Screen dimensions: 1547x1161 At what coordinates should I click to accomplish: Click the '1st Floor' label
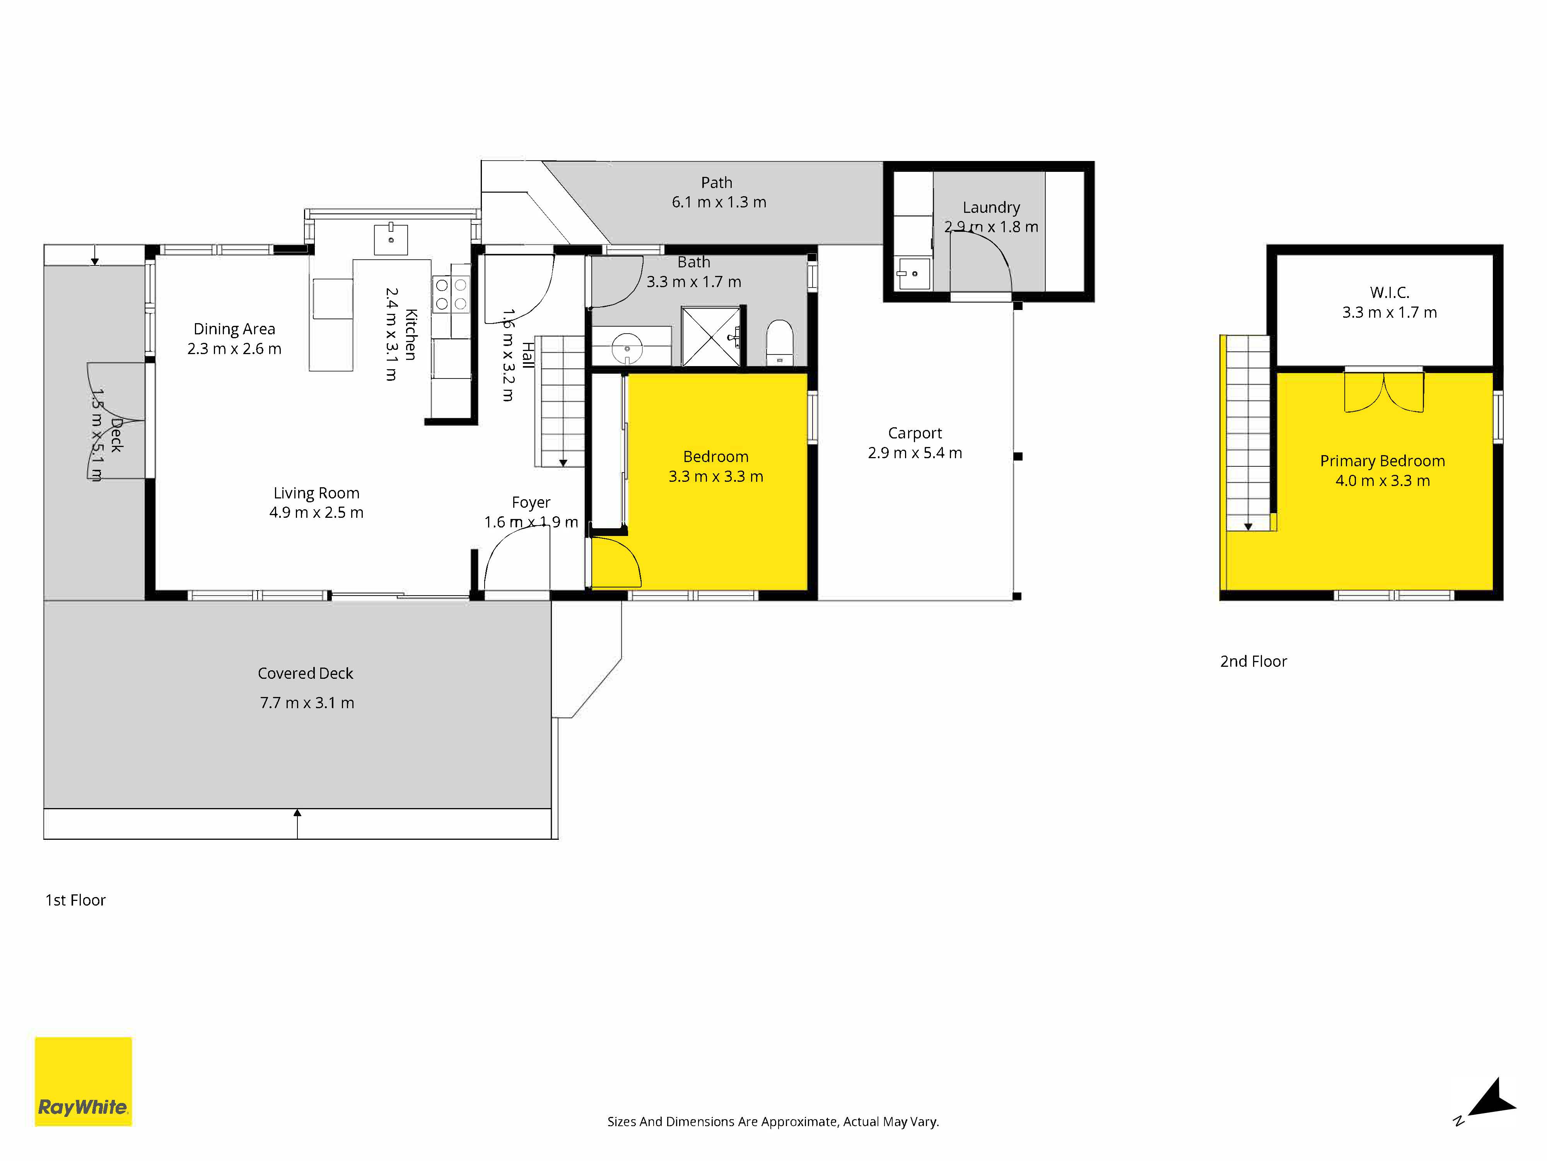pyautogui.click(x=75, y=900)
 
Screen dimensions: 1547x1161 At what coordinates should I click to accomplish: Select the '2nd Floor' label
pyautogui.click(x=1253, y=661)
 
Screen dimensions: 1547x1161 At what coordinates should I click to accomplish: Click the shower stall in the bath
pyautogui.click(x=710, y=336)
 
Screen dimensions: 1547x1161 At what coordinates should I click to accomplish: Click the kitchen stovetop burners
pyautogui.click(x=451, y=295)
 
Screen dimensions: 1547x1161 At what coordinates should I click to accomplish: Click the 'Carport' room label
pyautogui.click(x=915, y=433)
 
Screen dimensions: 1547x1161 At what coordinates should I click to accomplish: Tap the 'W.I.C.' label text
pyautogui.click(x=1389, y=293)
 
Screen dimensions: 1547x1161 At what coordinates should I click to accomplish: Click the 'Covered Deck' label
pyautogui.click(x=306, y=673)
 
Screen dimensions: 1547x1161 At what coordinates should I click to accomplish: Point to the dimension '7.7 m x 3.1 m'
pyautogui.click(x=307, y=703)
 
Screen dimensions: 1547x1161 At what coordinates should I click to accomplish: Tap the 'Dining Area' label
pyautogui.click(x=234, y=329)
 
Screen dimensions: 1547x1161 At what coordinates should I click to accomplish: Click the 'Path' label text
pyautogui.click(x=717, y=183)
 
